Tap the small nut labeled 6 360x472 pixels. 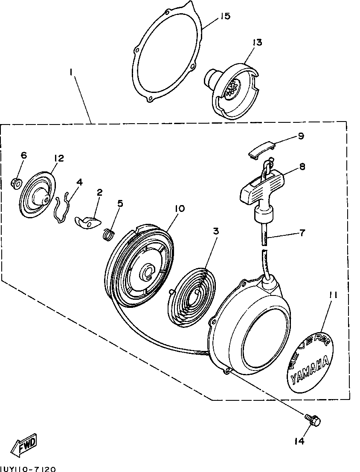click(15, 183)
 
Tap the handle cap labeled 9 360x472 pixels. click(260, 150)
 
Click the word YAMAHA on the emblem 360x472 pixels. click(310, 369)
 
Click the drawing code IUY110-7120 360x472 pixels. click(28, 469)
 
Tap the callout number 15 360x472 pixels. click(225, 16)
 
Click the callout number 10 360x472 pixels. click(179, 208)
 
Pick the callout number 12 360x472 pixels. click(58, 158)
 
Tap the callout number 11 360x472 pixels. click(334, 294)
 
